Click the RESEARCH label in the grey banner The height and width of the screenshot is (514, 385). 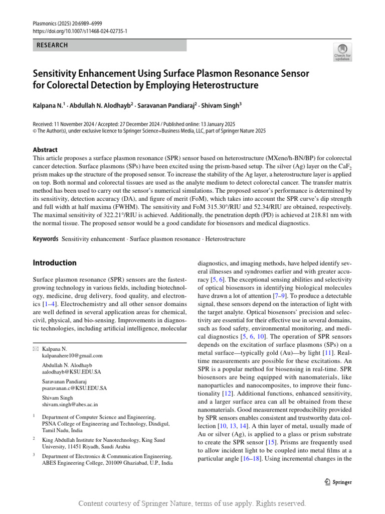[52, 45]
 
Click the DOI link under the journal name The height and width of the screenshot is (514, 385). [80, 31]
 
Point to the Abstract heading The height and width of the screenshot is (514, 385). [45, 150]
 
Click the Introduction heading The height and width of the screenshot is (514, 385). [55, 263]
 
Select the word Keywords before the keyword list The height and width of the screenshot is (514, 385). [46, 239]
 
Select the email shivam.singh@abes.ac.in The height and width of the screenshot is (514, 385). [70, 404]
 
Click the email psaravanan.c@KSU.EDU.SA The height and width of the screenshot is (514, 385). [74, 388]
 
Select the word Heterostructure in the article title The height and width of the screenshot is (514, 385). [225, 85]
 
